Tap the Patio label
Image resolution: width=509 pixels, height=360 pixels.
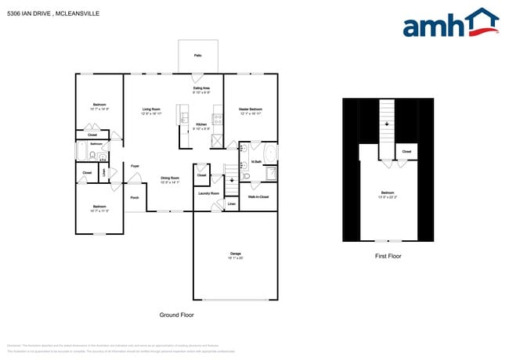coord(197,56)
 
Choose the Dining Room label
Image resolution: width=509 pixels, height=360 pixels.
coord(170,178)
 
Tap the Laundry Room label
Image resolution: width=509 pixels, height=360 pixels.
coord(208,193)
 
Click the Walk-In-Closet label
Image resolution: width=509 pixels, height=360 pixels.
coord(258,196)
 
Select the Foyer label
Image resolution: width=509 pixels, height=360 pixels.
coord(135,166)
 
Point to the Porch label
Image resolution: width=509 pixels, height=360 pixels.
coord(135,197)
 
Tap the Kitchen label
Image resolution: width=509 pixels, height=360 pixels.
coord(201,124)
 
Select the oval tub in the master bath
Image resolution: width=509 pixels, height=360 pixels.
coord(271,152)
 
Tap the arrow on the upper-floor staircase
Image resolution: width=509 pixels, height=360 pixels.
coord(385,123)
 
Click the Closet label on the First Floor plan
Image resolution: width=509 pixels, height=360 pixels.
coord(406,151)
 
